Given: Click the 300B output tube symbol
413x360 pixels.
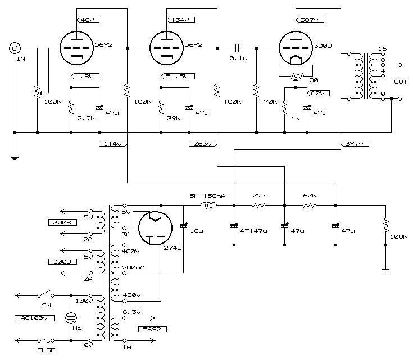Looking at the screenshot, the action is (x=296, y=48).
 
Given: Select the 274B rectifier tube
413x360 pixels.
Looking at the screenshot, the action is (x=156, y=228).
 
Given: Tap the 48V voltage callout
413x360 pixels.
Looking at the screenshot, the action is (x=88, y=20).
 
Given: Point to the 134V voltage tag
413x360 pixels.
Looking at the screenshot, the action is (x=181, y=20).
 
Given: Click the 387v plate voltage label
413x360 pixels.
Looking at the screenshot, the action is (x=310, y=20).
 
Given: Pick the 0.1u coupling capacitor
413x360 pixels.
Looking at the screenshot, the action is (x=237, y=48).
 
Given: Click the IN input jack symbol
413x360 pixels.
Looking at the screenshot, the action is (x=15, y=48).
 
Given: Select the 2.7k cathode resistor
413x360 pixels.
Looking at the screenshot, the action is (x=71, y=107).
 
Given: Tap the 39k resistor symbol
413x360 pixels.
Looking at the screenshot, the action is (x=161, y=107).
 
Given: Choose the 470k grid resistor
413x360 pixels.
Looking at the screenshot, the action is (x=257, y=91).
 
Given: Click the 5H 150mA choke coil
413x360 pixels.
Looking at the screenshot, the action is (x=209, y=205).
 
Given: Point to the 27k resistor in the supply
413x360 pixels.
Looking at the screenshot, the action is (x=259, y=205).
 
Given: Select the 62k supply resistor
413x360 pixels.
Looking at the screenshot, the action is (x=310, y=205).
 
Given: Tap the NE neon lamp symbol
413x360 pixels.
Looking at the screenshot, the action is (x=71, y=318).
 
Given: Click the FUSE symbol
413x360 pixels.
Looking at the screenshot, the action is (x=46, y=340).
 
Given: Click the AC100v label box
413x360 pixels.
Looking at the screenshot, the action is (x=34, y=318).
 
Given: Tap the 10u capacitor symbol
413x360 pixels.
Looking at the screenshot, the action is (x=183, y=226).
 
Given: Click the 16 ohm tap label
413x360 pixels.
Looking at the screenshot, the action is (x=383, y=48).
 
